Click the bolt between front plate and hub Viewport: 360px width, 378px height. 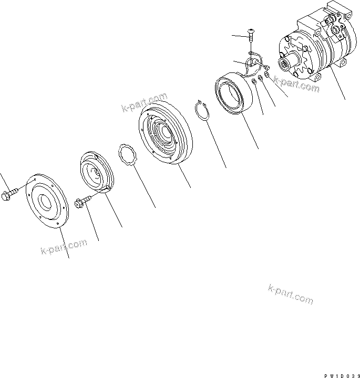point(83,202)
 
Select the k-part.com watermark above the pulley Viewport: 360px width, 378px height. point(144,102)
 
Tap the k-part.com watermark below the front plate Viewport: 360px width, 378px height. point(63,247)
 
